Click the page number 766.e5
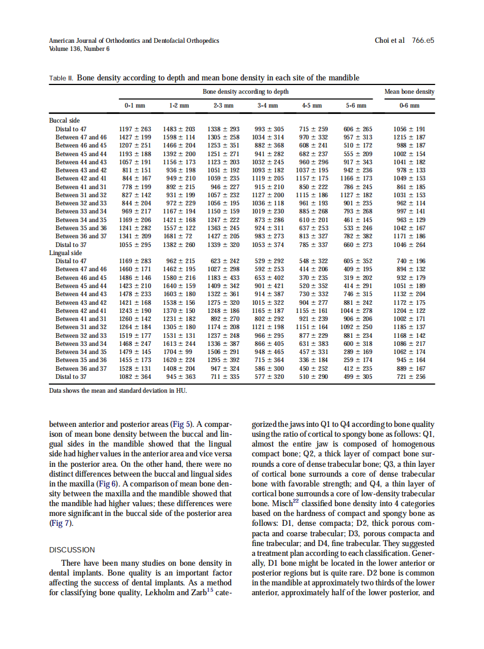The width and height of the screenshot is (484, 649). (423, 41)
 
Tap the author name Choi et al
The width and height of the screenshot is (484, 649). (390, 41)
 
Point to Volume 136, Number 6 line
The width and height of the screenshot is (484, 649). (79, 49)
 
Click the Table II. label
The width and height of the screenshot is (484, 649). (61, 78)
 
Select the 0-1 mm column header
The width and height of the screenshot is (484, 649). (135, 106)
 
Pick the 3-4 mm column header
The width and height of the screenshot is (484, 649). (267, 106)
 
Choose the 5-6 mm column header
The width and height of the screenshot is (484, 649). (356, 106)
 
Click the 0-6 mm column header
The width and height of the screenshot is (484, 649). (409, 106)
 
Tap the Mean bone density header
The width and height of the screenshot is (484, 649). (409, 92)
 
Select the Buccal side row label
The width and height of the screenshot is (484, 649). (64, 121)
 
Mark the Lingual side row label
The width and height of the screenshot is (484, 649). (65, 253)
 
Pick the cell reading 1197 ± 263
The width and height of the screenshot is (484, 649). (135, 129)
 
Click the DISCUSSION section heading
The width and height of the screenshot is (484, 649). (72, 550)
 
